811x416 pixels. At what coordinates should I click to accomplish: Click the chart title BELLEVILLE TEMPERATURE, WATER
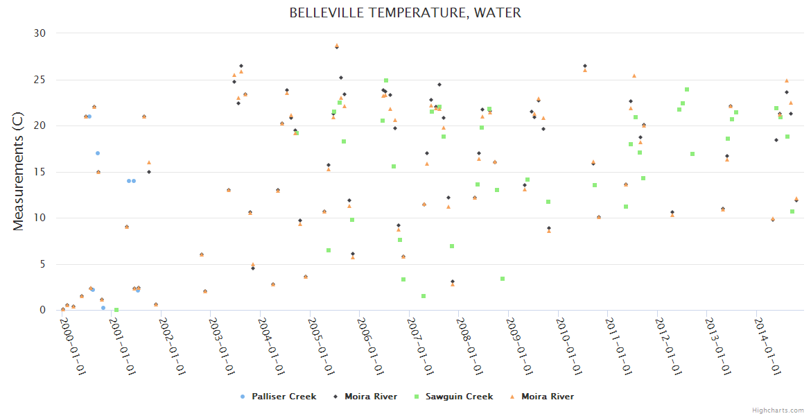click(405, 13)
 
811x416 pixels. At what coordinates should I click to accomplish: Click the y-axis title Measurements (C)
click(19, 173)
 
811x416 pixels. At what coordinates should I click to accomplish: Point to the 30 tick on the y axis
click(40, 33)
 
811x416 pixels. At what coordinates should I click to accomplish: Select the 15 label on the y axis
click(40, 172)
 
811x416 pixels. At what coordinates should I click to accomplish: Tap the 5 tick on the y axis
click(42, 264)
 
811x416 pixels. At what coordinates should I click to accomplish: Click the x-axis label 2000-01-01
click(73, 346)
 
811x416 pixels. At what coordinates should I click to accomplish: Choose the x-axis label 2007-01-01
click(421, 346)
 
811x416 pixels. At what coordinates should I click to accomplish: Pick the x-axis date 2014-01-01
click(769, 346)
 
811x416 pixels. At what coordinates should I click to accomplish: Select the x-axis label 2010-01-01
click(570, 346)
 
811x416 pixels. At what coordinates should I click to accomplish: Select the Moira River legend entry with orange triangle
click(547, 397)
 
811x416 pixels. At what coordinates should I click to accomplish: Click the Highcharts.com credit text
click(778, 410)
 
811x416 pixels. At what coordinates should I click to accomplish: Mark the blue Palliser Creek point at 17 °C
click(98, 153)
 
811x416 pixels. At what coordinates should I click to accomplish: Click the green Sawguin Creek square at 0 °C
click(116, 310)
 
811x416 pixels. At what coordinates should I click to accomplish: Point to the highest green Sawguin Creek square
click(386, 80)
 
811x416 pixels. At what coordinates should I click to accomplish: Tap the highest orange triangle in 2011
click(634, 76)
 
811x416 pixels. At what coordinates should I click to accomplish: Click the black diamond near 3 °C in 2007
click(453, 281)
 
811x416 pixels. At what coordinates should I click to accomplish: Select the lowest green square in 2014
click(792, 211)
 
